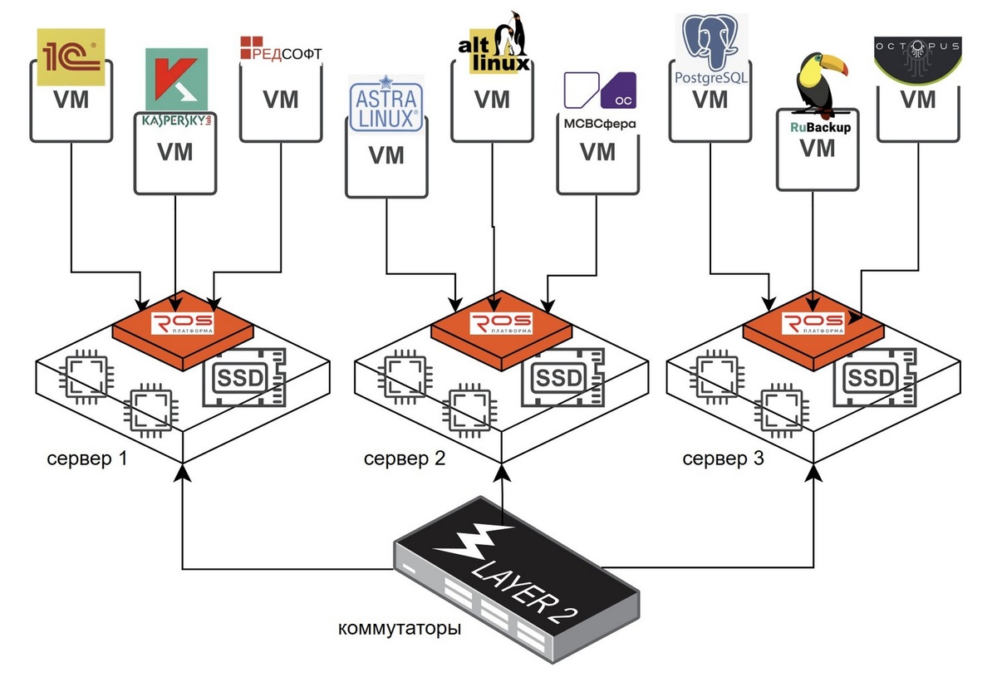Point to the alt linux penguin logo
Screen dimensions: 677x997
(x=493, y=43)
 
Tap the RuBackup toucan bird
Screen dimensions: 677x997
(x=818, y=83)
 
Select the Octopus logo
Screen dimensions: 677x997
(x=919, y=56)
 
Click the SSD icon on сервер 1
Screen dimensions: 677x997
(x=240, y=379)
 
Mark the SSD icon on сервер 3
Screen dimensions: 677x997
(x=872, y=379)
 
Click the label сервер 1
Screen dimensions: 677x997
(x=87, y=458)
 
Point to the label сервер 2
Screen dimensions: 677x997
(x=405, y=458)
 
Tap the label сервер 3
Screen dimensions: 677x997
(x=723, y=458)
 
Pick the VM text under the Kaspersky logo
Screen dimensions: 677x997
(x=175, y=152)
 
